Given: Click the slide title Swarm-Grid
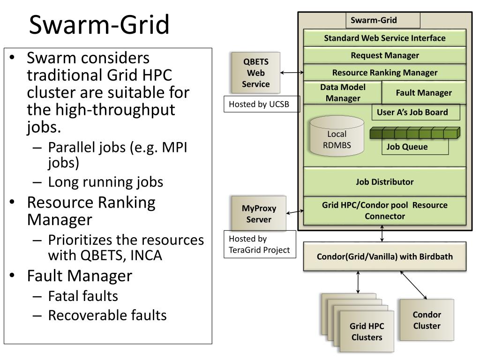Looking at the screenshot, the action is pos(99,24).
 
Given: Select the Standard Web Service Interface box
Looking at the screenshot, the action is pos(384,38).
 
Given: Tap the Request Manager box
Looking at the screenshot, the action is pos(384,55).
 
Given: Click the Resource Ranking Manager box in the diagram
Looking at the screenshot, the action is pos(384,73).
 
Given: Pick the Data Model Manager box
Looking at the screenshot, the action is pos(343,93).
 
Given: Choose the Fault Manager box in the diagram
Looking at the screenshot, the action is pos(424,93).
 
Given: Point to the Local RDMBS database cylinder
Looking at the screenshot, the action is pos(337,136).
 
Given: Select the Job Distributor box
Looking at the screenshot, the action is pos(384,182).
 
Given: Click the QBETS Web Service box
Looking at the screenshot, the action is pos(255,73).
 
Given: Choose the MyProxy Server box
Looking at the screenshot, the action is pos(259,214).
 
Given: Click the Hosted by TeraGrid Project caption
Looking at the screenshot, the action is pos(260,244).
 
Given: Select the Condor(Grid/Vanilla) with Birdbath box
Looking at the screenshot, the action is pos(384,256).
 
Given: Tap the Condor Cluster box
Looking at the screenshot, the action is pos(427,320).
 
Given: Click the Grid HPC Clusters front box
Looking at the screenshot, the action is pos(367,332).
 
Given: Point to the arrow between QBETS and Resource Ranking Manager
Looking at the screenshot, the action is pos(292,73).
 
